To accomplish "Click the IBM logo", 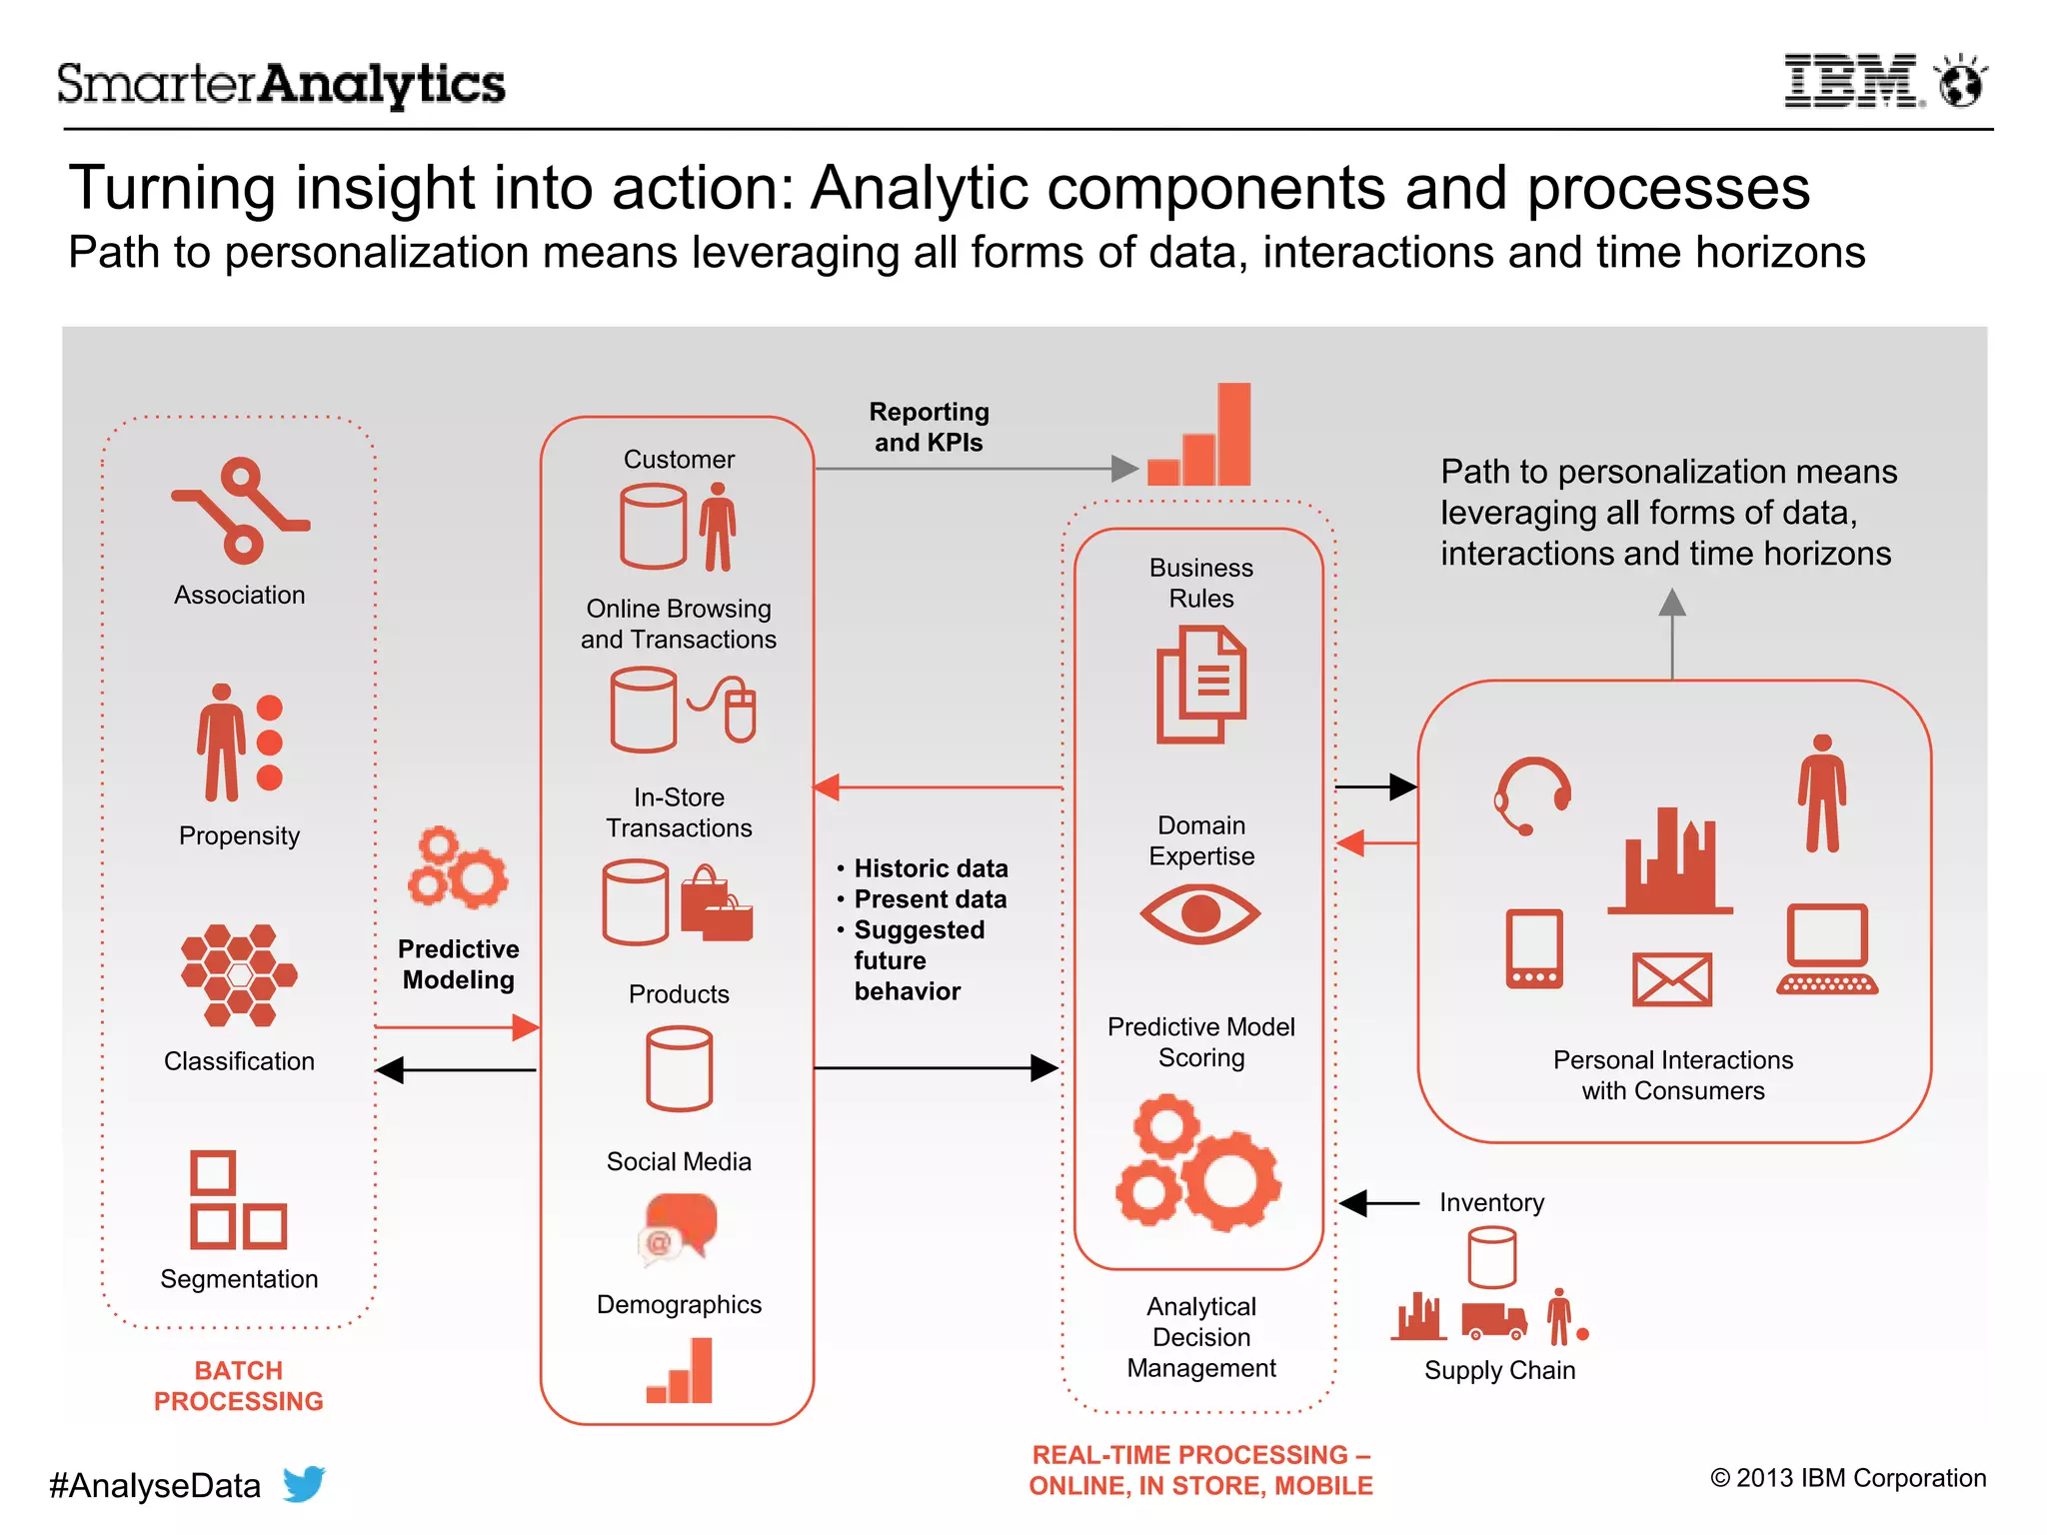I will (1851, 81).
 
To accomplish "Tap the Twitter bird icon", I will (304, 1483).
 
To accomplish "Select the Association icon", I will (241, 510).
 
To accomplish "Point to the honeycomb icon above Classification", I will (239, 975).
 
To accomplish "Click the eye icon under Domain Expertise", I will (1200, 913).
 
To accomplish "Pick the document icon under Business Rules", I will (1200, 685).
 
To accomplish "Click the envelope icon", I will (1671, 978).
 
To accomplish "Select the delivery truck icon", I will (1494, 1320).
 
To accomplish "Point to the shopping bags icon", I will (717, 904).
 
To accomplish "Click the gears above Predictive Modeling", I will (458, 867).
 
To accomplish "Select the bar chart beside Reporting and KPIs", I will (1200, 436).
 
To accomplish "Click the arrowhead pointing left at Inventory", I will (1353, 1203).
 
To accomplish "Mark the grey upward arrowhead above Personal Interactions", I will (1671, 602).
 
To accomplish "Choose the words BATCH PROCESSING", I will (239, 1385).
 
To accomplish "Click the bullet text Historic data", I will (931, 868).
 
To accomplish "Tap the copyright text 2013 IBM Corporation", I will (1848, 1478).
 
